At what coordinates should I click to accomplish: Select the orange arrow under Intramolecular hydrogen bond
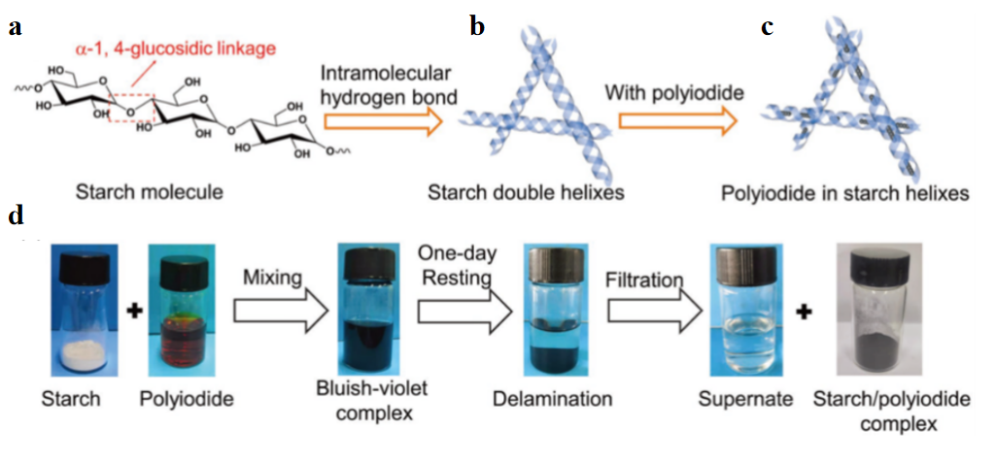tap(382, 121)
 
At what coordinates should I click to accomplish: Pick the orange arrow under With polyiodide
tap(676, 119)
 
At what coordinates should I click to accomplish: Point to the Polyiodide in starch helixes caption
tap(844, 192)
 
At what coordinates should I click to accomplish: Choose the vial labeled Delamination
tap(551, 309)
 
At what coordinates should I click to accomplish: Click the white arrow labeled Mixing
tap(275, 314)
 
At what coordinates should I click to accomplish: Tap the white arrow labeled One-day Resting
tap(463, 314)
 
